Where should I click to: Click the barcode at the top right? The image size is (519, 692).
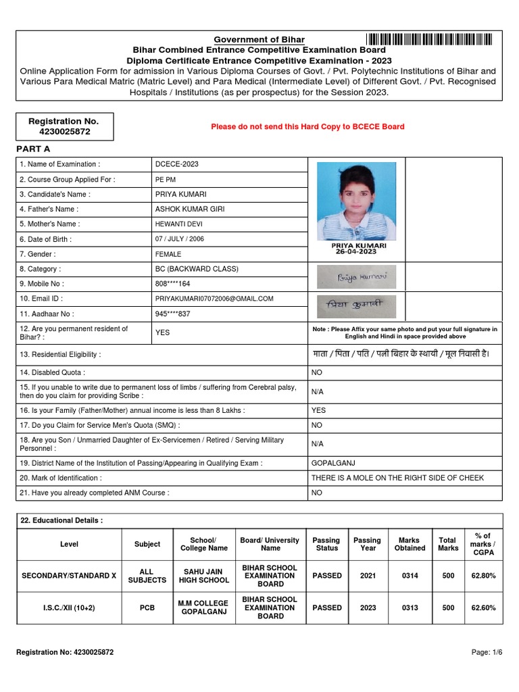click(429, 39)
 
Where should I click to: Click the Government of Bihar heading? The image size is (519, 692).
click(259, 39)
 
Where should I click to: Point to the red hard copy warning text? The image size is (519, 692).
click(307, 126)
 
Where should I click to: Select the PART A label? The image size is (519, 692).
click(33, 149)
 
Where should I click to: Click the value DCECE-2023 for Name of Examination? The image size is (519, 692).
click(177, 164)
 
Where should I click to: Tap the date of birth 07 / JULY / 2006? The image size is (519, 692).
click(180, 239)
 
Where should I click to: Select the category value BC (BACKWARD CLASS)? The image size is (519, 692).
click(197, 268)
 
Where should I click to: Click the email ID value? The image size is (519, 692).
click(214, 298)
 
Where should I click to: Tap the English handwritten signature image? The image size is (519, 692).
click(357, 277)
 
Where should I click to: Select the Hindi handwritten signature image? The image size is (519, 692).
click(357, 306)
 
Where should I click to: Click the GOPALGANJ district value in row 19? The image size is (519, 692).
click(332, 463)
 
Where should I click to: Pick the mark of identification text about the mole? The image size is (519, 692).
click(397, 478)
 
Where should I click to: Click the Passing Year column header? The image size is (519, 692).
click(367, 544)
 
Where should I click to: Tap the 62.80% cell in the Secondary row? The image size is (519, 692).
click(483, 576)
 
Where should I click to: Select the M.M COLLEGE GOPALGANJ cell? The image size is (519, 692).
click(203, 608)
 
